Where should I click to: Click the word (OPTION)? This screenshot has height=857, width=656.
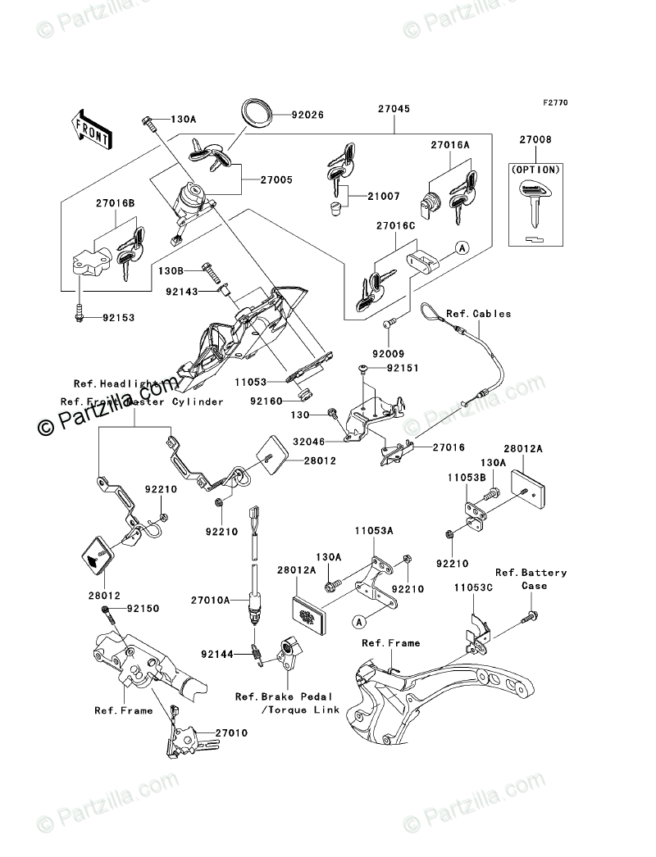(x=539, y=169)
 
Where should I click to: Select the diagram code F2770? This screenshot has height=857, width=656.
(x=554, y=104)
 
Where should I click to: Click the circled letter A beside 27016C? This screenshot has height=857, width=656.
(x=462, y=250)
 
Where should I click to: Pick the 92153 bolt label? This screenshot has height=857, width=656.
(x=118, y=317)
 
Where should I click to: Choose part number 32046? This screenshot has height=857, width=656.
(x=308, y=440)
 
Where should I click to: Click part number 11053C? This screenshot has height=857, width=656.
(x=476, y=587)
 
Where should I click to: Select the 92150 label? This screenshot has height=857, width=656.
(x=142, y=609)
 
